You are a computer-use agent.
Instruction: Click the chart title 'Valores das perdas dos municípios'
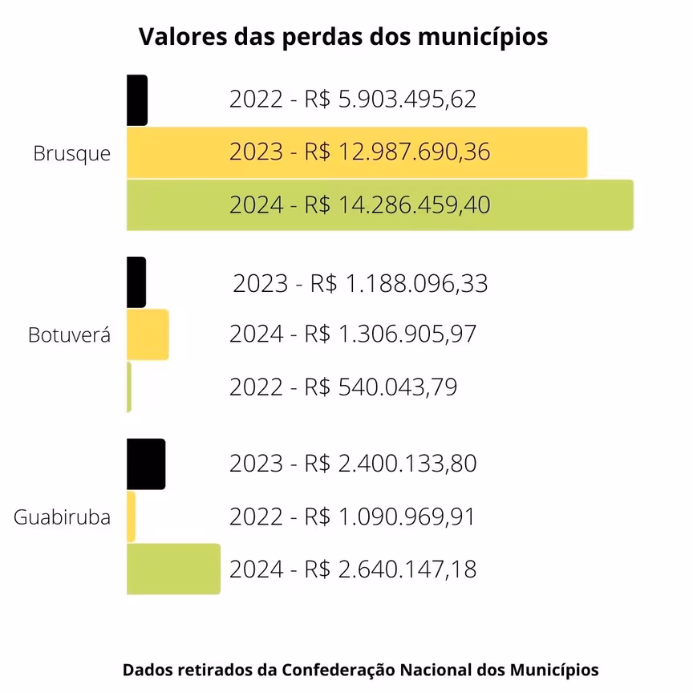[x=343, y=37]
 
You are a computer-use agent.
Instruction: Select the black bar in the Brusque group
[x=137, y=100]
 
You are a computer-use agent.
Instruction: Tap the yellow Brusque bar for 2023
[x=357, y=152]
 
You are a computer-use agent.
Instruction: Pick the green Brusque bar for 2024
[x=379, y=205]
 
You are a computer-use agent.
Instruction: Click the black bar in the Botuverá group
[x=136, y=282]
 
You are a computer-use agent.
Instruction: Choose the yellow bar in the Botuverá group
[x=148, y=334]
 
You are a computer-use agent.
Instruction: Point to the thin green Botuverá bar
[x=129, y=387]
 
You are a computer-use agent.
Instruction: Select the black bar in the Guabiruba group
[x=146, y=464]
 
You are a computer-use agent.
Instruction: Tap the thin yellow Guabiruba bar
[x=132, y=517]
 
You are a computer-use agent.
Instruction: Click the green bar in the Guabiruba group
[x=173, y=569]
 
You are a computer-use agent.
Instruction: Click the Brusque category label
[x=72, y=153]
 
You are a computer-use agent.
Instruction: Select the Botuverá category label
[x=69, y=334]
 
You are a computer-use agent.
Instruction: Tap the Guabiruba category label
[x=62, y=517]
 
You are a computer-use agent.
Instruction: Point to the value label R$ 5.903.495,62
[x=353, y=99]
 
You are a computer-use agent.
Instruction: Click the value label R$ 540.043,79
[x=343, y=387]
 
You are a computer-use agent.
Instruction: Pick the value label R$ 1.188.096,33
[x=360, y=284]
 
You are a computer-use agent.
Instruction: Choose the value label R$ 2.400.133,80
[x=353, y=464]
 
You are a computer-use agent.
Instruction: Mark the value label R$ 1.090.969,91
[x=352, y=517]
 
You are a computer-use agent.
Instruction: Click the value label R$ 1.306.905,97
[x=353, y=334]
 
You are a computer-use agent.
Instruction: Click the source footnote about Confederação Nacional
[x=361, y=670]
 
